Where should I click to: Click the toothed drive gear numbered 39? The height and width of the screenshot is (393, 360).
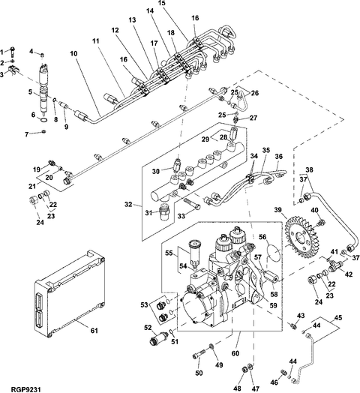pyautogui.click(x=302, y=238)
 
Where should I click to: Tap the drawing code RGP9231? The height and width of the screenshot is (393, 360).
pyautogui.click(x=25, y=390)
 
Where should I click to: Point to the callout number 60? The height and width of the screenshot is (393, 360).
pyautogui.click(x=235, y=353)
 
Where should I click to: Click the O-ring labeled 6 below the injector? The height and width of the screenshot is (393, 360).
pyautogui.click(x=43, y=119)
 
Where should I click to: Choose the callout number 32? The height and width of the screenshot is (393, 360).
pyautogui.click(x=128, y=205)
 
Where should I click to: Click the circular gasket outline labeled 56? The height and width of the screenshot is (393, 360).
pyautogui.click(x=272, y=251)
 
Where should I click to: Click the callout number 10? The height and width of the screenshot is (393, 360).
pyautogui.click(x=73, y=53)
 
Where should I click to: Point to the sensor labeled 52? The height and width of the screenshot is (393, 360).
pyautogui.click(x=159, y=337)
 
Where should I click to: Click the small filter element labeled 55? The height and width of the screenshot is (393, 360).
pyautogui.click(x=194, y=253)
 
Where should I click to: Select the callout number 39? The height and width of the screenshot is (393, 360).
pyautogui.click(x=277, y=209)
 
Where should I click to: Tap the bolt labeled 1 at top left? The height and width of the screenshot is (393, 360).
pyautogui.click(x=13, y=52)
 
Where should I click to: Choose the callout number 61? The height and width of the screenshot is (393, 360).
pyautogui.click(x=94, y=331)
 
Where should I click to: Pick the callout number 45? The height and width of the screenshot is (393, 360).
pyautogui.click(x=338, y=317)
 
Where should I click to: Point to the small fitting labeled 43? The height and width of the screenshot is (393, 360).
pyautogui.click(x=292, y=325)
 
